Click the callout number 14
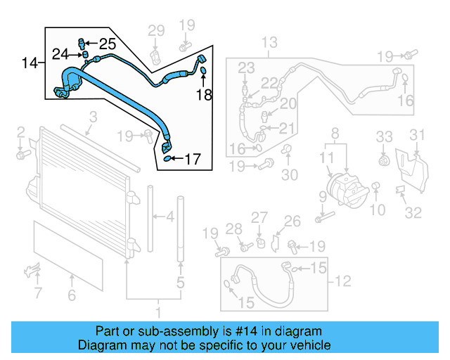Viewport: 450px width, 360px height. tap(29, 63)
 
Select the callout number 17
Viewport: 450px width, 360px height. tap(192, 160)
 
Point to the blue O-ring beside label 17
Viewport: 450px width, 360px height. tap(168, 159)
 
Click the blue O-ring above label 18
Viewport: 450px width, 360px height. tap(203, 70)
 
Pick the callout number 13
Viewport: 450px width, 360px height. tap(270, 44)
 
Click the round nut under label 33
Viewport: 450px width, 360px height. tap(383, 160)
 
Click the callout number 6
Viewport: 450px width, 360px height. tap(71, 296)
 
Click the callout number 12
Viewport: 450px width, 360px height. tap(342, 282)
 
